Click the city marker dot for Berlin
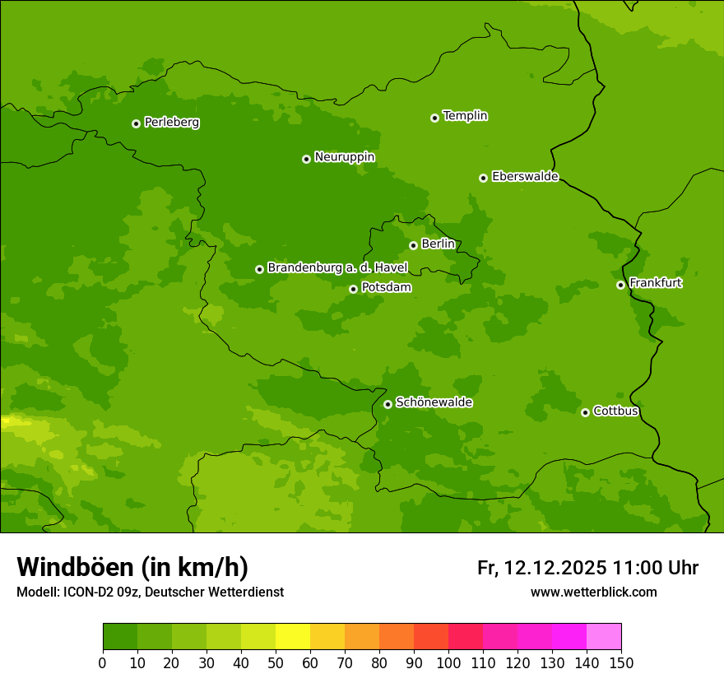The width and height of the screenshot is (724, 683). point(413,245)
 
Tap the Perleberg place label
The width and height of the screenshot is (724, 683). point(171,123)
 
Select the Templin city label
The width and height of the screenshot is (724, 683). point(465,116)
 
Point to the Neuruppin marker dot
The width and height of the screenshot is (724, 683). point(306,159)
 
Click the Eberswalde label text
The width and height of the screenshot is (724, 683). point(525,177)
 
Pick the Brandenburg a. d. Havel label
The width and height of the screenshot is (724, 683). point(337,268)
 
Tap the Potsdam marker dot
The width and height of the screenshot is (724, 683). point(353,289)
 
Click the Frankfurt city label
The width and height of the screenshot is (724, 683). point(655,283)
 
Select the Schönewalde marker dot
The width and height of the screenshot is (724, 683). point(388,404)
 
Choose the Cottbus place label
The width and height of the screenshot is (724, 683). point(615,411)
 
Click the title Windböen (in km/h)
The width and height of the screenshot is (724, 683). point(132,567)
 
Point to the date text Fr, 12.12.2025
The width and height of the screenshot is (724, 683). point(542,568)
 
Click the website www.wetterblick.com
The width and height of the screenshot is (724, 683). point(593,592)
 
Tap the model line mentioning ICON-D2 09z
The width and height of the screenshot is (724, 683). point(150,592)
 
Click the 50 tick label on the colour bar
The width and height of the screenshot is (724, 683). point(276,663)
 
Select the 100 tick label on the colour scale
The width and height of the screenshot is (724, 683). point(448,663)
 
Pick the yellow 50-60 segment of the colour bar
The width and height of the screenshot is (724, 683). point(293,637)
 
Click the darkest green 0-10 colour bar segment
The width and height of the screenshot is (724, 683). point(120,637)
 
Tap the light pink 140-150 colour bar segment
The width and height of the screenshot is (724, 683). point(604,637)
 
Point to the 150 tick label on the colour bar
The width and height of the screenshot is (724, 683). point(621,663)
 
